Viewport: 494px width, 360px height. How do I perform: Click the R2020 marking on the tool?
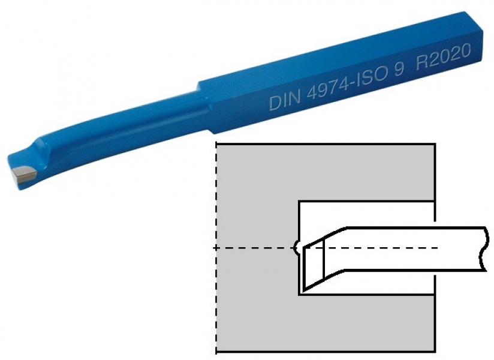click(x=444, y=56)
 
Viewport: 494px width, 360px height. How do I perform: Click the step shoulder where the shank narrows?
click(x=203, y=107)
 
